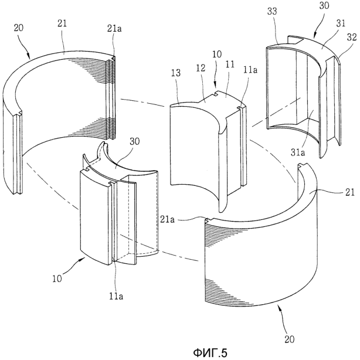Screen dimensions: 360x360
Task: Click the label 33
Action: click(x=272, y=11)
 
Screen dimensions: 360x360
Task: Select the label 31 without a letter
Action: click(x=341, y=23)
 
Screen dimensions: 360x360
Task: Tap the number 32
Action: click(x=352, y=38)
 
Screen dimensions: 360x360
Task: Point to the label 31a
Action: click(x=298, y=152)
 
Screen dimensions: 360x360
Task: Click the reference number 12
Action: click(x=201, y=68)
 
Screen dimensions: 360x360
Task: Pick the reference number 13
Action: click(x=176, y=73)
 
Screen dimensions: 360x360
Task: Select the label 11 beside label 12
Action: click(x=230, y=64)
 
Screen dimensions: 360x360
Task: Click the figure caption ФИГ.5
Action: click(x=210, y=353)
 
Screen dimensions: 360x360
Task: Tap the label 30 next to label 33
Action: click(x=324, y=6)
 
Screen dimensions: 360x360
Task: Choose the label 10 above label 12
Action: click(x=217, y=54)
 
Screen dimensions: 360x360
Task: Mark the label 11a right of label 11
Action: click(x=250, y=70)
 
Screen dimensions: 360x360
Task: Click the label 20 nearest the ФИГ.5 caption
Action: click(x=289, y=339)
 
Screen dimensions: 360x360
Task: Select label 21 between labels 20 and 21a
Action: click(x=62, y=23)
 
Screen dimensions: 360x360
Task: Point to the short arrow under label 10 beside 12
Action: click(x=215, y=86)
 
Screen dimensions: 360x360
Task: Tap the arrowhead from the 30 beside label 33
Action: click(x=314, y=35)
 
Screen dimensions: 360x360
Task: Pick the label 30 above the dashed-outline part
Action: click(x=134, y=141)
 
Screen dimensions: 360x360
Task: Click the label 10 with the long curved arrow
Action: click(x=57, y=279)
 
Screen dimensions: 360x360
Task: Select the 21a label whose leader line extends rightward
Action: click(x=168, y=220)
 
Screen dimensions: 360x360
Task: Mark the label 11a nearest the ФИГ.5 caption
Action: click(x=116, y=296)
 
